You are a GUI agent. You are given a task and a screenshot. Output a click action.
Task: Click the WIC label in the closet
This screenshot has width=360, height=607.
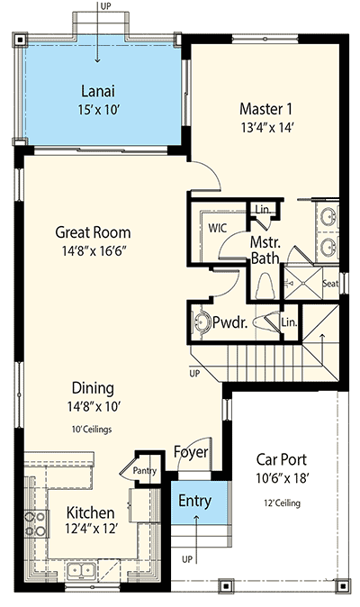[x=217, y=229]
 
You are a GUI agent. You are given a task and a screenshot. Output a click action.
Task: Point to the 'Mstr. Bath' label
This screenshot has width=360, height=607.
[x=265, y=249]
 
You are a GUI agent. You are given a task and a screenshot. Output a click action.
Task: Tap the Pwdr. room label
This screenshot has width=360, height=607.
[x=230, y=322]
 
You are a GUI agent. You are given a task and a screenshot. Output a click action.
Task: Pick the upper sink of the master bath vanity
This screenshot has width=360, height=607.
[x=328, y=217]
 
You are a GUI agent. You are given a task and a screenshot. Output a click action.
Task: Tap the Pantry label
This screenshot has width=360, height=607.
[x=143, y=470]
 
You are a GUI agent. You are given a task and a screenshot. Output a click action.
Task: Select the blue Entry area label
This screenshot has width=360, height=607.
[x=194, y=501]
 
